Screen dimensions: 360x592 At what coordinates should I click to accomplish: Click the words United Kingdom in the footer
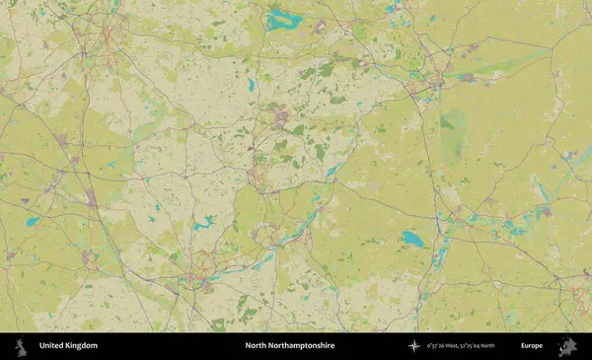68,346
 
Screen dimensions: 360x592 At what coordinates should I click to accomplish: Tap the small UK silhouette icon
20,346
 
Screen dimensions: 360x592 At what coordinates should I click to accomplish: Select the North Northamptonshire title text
290,346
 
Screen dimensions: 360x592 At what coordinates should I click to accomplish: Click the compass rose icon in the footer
414,346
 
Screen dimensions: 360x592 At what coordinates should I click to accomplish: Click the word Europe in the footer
532,346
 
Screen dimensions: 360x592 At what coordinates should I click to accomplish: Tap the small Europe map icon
567,346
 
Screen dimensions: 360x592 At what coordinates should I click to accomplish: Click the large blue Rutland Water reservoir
281,19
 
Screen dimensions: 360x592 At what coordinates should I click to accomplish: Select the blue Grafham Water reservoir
412,239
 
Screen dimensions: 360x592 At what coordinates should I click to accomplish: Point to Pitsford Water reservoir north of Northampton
203,225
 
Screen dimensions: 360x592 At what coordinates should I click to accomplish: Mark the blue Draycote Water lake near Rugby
34,222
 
